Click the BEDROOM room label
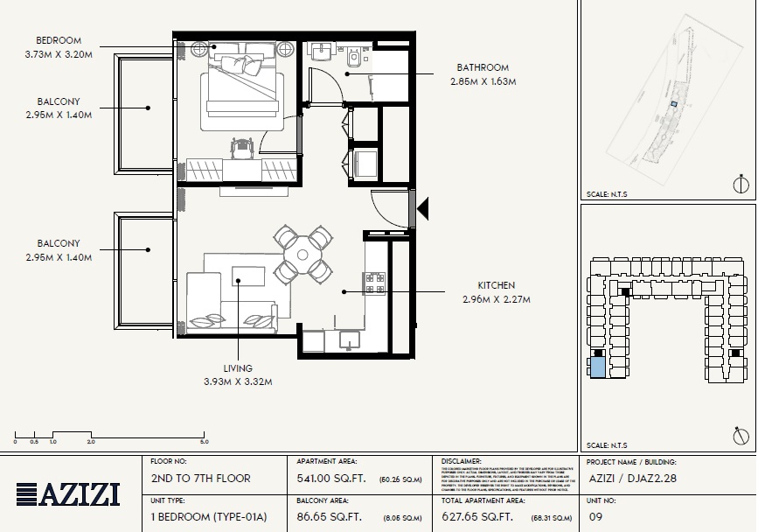click(58, 41)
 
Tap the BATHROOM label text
click(482, 67)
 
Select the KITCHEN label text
click(496, 285)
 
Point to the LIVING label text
click(237, 368)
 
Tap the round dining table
click(302, 255)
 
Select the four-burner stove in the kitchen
click(374, 283)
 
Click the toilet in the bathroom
click(353, 59)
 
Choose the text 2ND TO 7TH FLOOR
click(200, 479)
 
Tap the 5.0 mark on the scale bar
click(204, 443)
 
